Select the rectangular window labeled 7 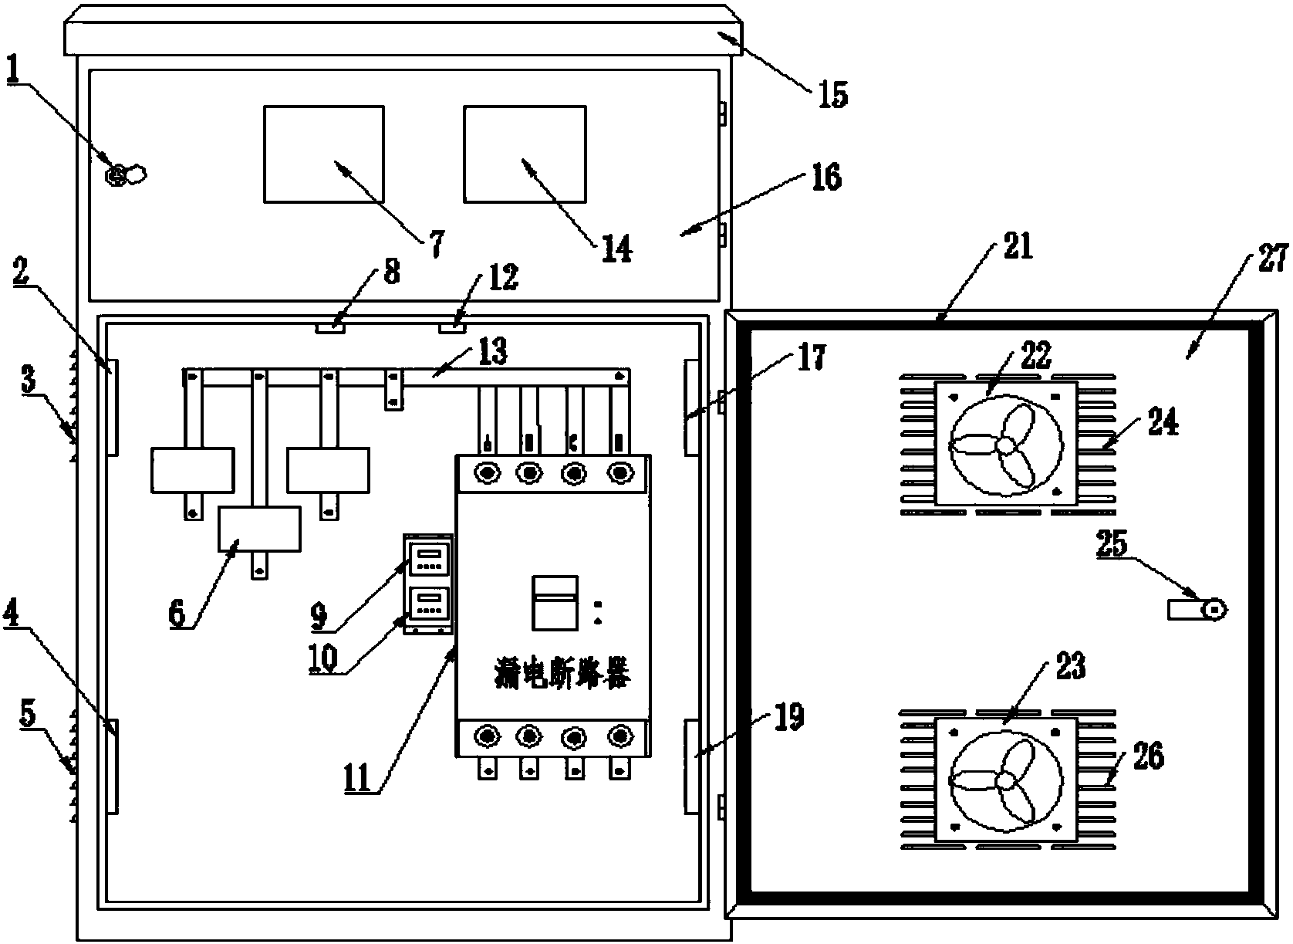pyautogui.click(x=324, y=154)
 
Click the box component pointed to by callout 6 pyautogui.click(x=259, y=529)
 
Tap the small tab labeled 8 pyautogui.click(x=330, y=328)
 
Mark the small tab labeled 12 pyautogui.click(x=453, y=328)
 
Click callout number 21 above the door pyautogui.click(x=1017, y=249)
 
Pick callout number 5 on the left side pyautogui.click(x=27, y=715)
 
